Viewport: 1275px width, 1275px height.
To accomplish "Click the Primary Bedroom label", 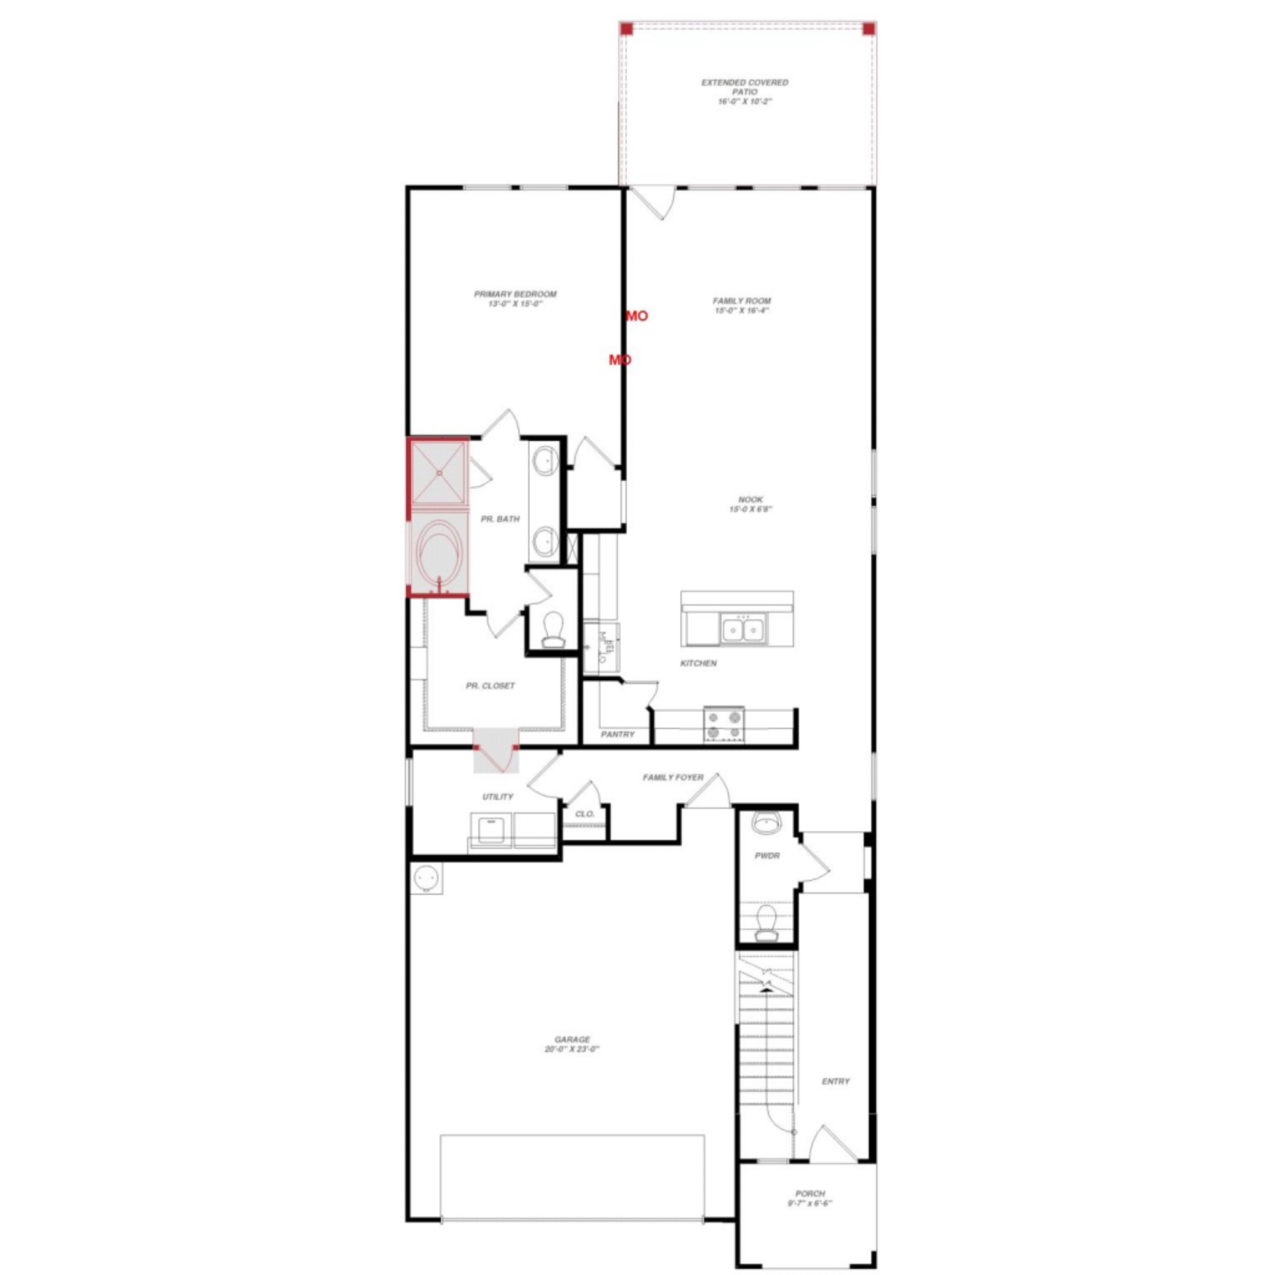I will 515,298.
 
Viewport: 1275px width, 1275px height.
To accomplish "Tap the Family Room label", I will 742,305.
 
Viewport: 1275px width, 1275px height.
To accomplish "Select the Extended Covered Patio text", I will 744,92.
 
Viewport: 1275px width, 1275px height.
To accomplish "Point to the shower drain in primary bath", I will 439,473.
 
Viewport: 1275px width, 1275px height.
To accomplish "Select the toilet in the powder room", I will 766,924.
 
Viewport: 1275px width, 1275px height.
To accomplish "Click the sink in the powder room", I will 767,824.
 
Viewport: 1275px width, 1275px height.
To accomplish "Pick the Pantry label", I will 617,734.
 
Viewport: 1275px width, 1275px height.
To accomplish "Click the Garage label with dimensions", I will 572,1044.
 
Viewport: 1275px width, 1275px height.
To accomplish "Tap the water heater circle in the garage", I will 426,879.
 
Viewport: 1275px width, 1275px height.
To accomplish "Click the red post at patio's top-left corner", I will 626,29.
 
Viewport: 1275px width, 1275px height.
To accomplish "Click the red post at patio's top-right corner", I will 868,29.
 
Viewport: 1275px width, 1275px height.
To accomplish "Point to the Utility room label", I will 497,797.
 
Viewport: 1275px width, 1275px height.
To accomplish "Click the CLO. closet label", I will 584,814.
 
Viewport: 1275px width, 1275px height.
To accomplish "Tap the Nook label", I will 750,504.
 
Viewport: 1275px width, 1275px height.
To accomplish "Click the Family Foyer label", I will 672,777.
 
